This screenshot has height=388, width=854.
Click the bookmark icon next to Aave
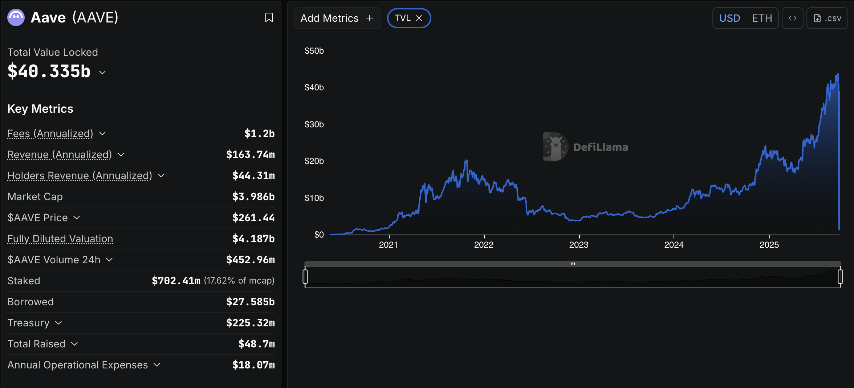[x=269, y=17]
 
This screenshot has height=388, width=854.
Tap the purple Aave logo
[x=16, y=17]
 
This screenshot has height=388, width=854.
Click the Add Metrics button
[x=337, y=18]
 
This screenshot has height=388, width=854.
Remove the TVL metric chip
[x=419, y=18]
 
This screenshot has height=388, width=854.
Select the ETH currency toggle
[x=762, y=18]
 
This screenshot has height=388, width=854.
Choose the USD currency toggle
[x=729, y=18]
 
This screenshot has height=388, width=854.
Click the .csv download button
[x=827, y=18]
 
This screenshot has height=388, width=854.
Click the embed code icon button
[x=792, y=18]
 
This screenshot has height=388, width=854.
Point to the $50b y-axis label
[x=314, y=51]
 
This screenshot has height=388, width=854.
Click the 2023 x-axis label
[x=578, y=245]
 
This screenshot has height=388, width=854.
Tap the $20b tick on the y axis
[x=314, y=161]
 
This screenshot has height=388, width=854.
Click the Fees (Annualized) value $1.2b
[x=259, y=133]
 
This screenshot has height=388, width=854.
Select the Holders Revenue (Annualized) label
[x=80, y=176]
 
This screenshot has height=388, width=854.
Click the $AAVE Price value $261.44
[x=253, y=218]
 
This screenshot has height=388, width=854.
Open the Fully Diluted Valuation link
[x=60, y=239]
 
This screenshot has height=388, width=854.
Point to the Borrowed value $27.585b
[x=250, y=302]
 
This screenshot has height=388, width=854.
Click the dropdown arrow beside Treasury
[x=58, y=323]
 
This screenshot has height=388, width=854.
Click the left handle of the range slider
[x=305, y=277]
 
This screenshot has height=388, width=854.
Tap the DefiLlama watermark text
[x=601, y=147]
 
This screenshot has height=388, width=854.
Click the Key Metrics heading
[x=40, y=109]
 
